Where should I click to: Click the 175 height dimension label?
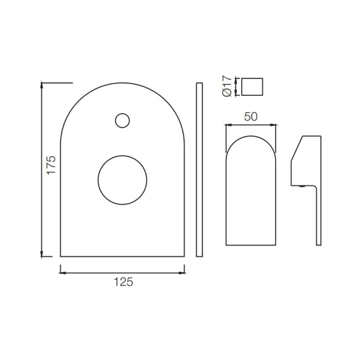pyautogui.click(x=51, y=165)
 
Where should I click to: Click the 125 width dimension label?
pyautogui.click(x=123, y=282)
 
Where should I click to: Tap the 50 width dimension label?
pyautogui.click(x=251, y=117)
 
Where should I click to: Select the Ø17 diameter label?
pyautogui.click(x=227, y=86)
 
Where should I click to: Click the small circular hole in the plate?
pyautogui.click(x=122, y=120)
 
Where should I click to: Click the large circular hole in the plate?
pyautogui.click(x=122, y=180)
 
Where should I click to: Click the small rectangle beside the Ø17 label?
pyautogui.click(x=252, y=87)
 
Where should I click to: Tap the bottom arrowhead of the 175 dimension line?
pyautogui.click(x=42, y=255)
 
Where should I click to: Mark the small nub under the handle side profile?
pyautogui.click(x=302, y=186)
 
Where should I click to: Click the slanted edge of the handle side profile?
pyautogui.click(x=297, y=148)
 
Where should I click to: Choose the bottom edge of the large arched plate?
pyautogui.click(x=122, y=256)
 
